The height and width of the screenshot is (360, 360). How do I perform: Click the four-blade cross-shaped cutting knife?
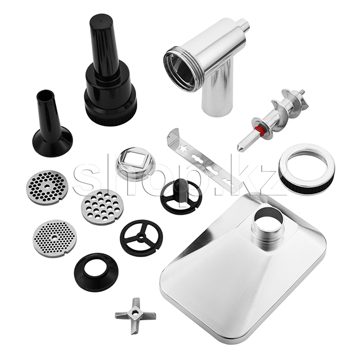(136, 315)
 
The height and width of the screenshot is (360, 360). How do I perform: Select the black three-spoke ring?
(141, 237)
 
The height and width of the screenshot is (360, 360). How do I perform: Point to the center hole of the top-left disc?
(47, 186)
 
